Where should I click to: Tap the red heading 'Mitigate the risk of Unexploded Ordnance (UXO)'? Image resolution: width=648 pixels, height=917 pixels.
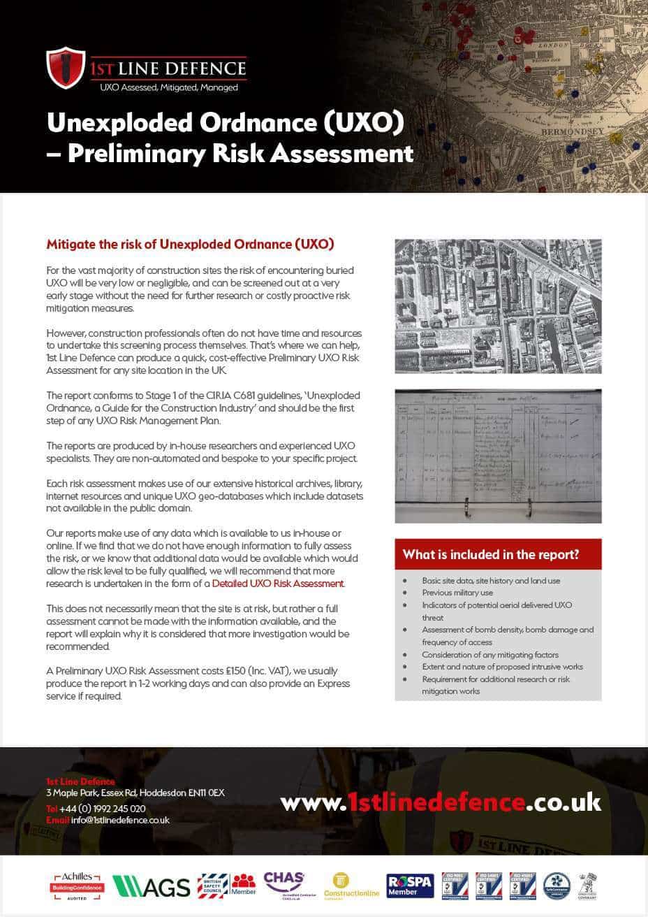click(x=190, y=245)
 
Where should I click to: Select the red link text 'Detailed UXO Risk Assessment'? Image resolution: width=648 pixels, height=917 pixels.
click(x=278, y=584)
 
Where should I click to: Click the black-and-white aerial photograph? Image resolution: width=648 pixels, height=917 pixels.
click(x=498, y=306)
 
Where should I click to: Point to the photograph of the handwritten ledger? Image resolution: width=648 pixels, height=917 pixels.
click(x=498, y=456)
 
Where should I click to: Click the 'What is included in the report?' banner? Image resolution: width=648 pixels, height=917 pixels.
click(x=498, y=555)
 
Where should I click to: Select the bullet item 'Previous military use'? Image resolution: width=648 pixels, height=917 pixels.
click(x=457, y=593)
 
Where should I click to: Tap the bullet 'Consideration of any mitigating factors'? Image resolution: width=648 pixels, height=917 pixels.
click(x=489, y=655)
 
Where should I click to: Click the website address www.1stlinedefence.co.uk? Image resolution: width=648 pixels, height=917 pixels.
click(x=440, y=802)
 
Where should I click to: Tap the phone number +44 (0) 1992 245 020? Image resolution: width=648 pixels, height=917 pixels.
click(x=102, y=809)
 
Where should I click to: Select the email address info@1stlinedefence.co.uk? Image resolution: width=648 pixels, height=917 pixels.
click(x=120, y=821)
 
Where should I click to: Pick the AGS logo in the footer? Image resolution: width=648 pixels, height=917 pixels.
click(x=152, y=886)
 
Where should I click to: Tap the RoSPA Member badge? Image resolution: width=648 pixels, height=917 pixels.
click(x=410, y=886)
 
